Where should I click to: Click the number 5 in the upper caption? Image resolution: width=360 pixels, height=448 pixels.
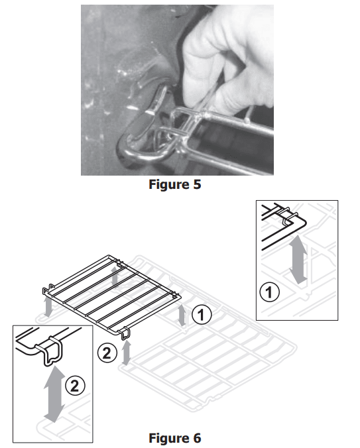pos(198,184)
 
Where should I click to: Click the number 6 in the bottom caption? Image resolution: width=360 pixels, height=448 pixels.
pos(198,438)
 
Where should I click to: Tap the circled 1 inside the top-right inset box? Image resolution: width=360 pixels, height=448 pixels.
pos(269,292)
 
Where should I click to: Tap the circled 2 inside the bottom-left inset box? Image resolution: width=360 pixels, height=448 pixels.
pos(75,386)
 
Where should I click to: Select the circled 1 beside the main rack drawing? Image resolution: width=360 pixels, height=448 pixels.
pos(202,315)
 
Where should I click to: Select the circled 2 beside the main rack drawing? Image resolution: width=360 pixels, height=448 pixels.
pos(107,353)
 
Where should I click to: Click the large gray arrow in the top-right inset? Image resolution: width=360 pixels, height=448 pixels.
pos(298,259)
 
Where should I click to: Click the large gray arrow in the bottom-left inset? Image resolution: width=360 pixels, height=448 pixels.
pos(54,394)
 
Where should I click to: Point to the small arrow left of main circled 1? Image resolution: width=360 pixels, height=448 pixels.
pos(182,315)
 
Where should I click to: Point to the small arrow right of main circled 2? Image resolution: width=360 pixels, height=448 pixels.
pos(126,353)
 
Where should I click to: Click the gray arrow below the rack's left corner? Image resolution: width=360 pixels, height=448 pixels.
pos(48,307)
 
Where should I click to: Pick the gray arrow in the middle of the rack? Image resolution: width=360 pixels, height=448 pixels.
pos(115,276)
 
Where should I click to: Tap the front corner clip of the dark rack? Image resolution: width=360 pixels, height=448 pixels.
pos(125,333)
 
